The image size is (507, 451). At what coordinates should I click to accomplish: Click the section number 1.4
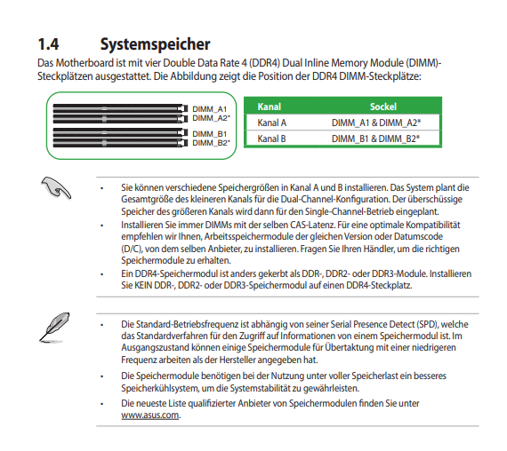(49, 44)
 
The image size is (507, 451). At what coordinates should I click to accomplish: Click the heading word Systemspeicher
(155, 44)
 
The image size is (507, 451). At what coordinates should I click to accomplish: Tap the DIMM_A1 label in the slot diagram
(210, 109)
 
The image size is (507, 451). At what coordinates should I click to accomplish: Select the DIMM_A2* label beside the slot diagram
(212, 118)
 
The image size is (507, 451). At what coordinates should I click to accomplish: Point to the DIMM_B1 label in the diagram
(210, 134)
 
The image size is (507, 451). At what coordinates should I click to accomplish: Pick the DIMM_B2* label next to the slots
(212, 143)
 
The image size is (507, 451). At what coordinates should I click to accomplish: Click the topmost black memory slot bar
(120, 107)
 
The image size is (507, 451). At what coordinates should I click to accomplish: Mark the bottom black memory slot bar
(120, 143)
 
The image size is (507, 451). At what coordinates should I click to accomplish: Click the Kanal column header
(269, 107)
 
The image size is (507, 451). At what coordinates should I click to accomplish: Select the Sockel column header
(383, 107)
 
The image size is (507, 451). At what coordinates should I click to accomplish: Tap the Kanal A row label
(271, 123)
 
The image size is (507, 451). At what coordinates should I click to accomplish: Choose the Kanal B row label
(271, 138)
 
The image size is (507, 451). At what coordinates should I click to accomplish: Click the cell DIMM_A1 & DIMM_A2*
(376, 123)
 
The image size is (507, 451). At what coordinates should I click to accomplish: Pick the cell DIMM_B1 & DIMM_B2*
(375, 138)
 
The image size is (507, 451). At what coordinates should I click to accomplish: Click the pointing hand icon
(56, 188)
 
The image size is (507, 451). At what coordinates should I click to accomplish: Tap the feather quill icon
(54, 327)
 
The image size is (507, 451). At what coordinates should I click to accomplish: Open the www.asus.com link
(150, 415)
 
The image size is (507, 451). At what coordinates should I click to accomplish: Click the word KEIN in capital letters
(143, 285)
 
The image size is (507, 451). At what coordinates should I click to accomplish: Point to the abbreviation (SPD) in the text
(428, 324)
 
